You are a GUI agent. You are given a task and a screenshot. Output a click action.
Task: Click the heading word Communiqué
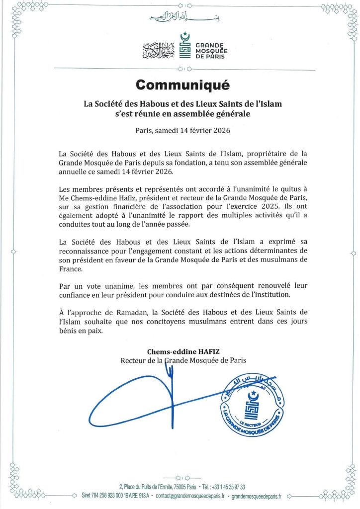click(182, 85)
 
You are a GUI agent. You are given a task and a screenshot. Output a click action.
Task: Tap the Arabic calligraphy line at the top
click(182, 18)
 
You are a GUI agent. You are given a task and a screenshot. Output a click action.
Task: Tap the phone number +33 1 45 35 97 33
click(228, 487)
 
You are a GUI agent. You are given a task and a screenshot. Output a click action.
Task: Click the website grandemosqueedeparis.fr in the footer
click(257, 496)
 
